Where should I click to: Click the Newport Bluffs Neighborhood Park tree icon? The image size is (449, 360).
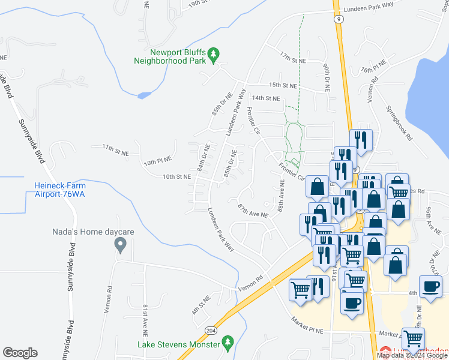[x=213, y=56]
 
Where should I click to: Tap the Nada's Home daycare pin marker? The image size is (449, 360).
[x=120, y=244]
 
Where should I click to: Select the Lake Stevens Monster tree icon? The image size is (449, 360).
[x=227, y=342]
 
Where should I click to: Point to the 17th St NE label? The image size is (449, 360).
[x=292, y=57]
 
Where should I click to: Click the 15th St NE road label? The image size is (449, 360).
[x=283, y=85]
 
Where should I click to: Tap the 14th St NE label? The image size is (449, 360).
[x=266, y=98]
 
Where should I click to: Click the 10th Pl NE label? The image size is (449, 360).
[x=157, y=161]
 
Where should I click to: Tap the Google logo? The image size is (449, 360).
[x=20, y=353]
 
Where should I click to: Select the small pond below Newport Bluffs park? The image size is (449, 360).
[x=143, y=95]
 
